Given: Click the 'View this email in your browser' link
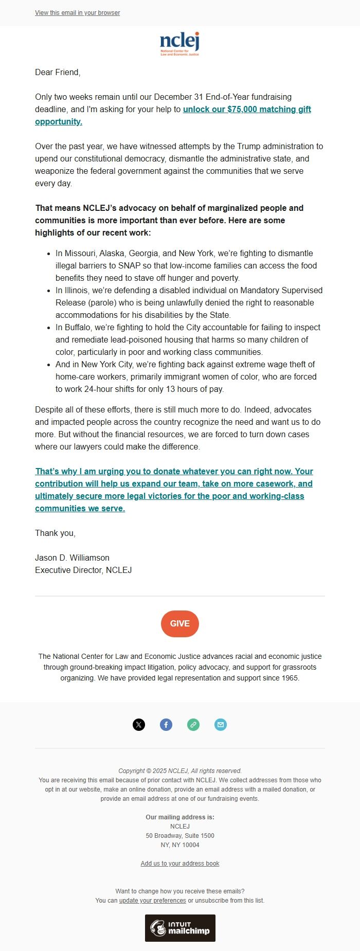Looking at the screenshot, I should pos(77,13).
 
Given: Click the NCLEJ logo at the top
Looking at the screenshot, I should pos(179,44).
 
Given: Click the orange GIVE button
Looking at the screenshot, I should pos(180,623).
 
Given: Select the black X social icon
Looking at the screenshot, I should pos(139,725).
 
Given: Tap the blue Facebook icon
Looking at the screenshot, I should pos(166,725).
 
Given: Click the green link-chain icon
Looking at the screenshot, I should pos(193,725).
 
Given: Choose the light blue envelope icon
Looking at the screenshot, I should pos(221,725).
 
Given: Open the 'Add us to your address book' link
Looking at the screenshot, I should pos(180,864).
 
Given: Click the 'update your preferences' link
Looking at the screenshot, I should pos(152,901).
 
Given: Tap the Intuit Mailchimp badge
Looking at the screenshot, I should pos(180,928).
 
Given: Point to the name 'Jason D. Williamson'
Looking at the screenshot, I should pos(72,558).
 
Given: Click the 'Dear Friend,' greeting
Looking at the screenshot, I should pos(58,72).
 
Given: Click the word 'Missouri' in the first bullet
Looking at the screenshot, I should pos(80,253).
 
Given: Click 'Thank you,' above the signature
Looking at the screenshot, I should pos(55,533).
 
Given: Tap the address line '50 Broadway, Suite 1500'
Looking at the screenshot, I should pos(180,836).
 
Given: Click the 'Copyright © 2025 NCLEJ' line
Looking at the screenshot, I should pos(180,771).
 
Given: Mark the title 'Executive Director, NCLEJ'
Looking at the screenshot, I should pos(83,570).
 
